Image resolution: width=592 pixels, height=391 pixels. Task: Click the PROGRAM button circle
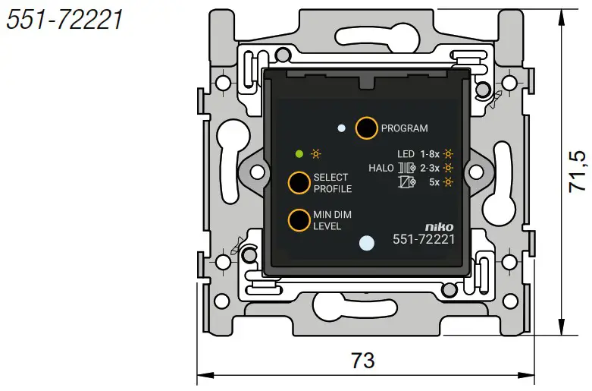[x=366, y=128]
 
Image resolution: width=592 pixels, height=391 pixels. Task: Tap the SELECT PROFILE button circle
[x=298, y=183]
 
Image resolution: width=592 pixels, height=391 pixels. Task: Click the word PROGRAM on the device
[x=404, y=128]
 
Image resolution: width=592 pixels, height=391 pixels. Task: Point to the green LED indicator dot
[x=299, y=154]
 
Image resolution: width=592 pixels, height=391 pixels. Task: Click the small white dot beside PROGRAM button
[x=342, y=128]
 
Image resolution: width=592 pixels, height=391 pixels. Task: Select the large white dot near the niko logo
[x=366, y=243]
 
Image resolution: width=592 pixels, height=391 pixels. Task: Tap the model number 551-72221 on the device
[x=423, y=240]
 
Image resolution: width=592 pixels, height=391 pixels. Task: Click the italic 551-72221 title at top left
[x=64, y=20]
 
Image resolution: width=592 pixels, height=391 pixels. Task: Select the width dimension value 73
[x=363, y=360]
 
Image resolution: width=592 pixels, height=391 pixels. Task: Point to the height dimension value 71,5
[x=578, y=170]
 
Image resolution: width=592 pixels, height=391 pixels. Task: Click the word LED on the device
[x=406, y=153]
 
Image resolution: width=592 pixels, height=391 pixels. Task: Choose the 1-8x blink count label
[x=431, y=153]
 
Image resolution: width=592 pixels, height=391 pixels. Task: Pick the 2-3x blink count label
[x=431, y=168]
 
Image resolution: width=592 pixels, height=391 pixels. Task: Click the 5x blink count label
[x=434, y=182]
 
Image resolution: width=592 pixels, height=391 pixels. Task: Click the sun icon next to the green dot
[x=315, y=154]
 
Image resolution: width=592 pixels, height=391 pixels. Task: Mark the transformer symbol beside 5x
[x=406, y=182]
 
